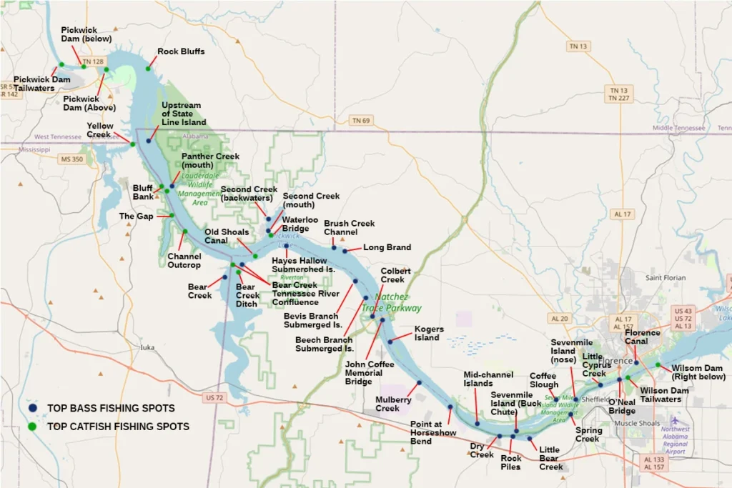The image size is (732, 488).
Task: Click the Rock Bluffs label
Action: pos(181,51)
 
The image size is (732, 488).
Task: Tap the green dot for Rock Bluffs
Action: pos(149,69)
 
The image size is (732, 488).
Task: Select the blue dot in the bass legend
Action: pos(32,408)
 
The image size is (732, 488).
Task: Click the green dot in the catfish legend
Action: pos(32,427)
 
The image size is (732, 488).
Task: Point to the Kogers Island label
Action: pos(429,333)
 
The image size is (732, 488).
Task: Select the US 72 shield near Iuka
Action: pos(214,397)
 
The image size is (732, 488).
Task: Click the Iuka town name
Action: pos(147,348)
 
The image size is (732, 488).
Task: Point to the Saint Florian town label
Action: pos(666,277)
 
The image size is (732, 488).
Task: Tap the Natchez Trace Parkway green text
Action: pos(391,303)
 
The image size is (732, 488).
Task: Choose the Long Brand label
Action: pos(387,247)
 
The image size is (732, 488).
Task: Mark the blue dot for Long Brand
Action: pos(345,251)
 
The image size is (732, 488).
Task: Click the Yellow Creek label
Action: pos(99,130)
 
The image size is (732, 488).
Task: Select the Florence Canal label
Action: pos(642,337)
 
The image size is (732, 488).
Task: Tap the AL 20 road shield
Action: pos(560,319)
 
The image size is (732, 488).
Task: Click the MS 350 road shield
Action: pos(71,159)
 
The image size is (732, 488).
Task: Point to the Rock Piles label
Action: pos(510,462)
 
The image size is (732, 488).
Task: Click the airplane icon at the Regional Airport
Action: pos(673,420)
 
